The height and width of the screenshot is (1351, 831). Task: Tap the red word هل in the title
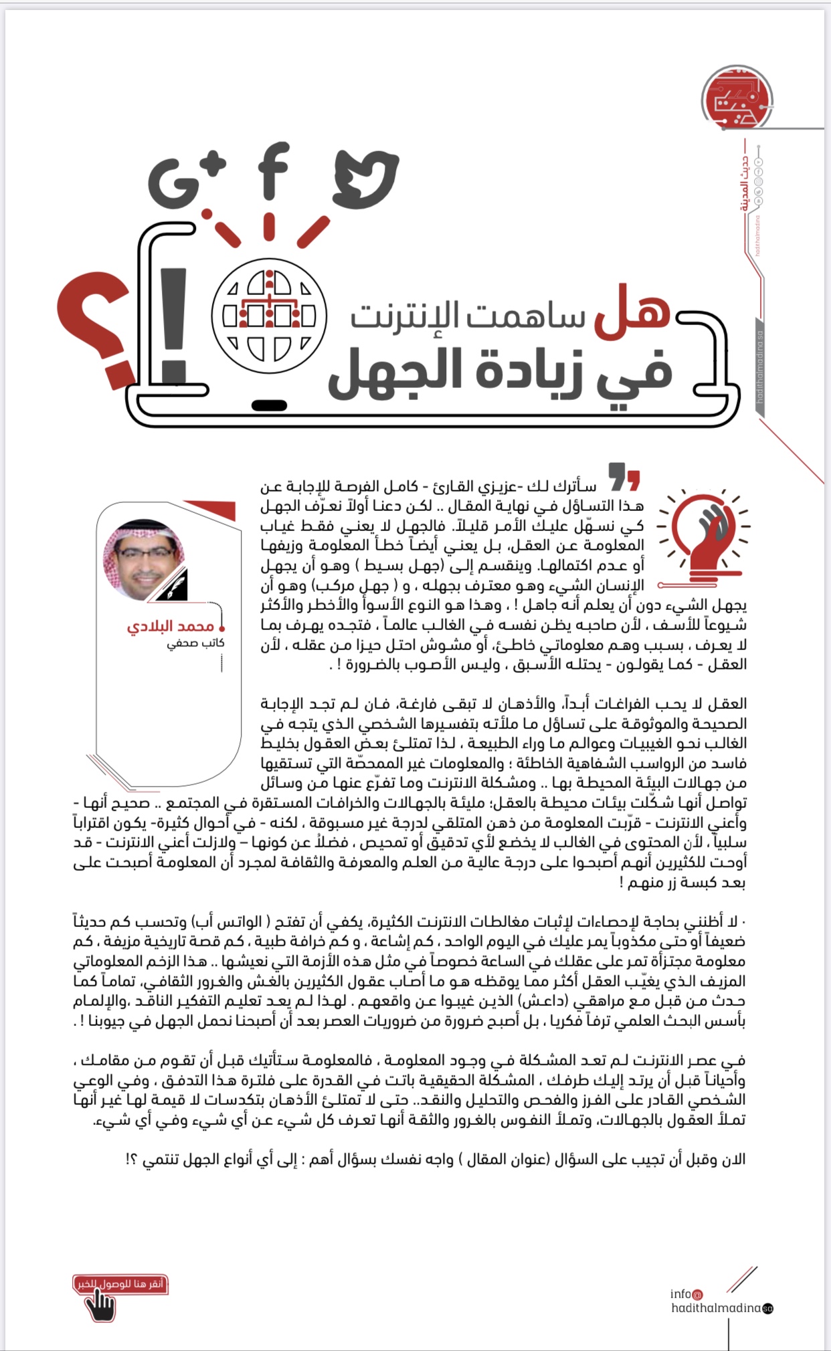click(632, 310)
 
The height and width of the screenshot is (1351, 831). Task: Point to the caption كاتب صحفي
click(195, 643)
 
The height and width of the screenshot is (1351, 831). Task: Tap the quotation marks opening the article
click(624, 478)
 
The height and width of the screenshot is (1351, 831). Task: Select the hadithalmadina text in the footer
click(717, 1308)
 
